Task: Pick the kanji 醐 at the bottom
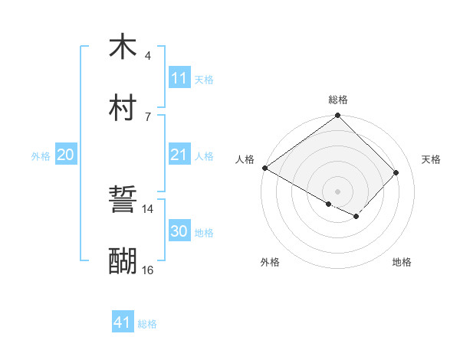123,261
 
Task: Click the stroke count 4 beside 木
148,56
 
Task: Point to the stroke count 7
148,116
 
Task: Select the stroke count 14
148,208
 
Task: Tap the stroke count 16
148,270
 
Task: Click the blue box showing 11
179,78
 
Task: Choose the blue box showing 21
179,155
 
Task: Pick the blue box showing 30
179,231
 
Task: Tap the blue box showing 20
65,155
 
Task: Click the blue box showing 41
123,322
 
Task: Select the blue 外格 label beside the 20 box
41,155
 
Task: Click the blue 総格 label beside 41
147,324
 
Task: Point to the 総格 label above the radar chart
337,100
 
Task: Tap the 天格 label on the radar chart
431,159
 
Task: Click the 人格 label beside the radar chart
244,159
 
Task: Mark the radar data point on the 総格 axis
337,116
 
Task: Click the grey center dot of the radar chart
337,191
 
